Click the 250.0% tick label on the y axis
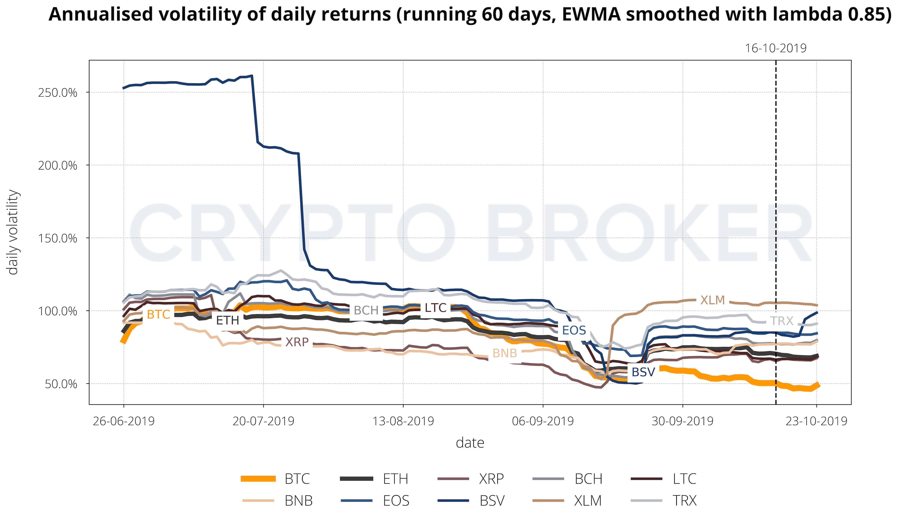click(x=57, y=93)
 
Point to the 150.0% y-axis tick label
click(x=57, y=238)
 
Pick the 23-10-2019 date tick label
click(x=817, y=421)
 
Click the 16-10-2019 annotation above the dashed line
click(x=776, y=48)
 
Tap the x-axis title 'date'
click(x=470, y=443)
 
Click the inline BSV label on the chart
click(x=643, y=372)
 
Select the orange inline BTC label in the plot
click(x=158, y=314)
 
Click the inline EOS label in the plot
click(x=574, y=330)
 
